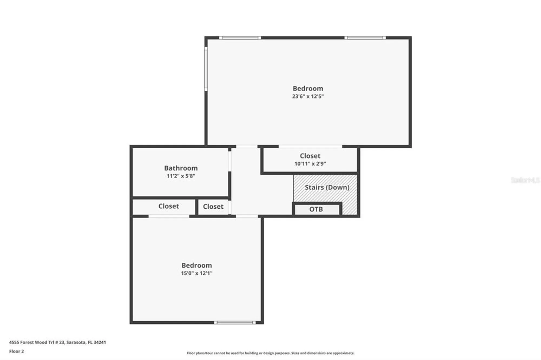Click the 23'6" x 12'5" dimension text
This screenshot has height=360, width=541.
[x=308, y=96]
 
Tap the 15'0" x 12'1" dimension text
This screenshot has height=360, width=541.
[x=197, y=273]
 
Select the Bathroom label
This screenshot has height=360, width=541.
[x=181, y=168]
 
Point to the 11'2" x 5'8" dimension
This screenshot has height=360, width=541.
[x=181, y=176]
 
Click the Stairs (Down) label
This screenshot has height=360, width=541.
[x=327, y=187]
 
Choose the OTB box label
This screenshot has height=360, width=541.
[x=316, y=209]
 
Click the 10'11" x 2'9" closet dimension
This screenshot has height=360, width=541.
[x=310, y=164]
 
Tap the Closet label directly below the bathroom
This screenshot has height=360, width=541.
[x=169, y=206]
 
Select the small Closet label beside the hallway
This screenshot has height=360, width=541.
[x=213, y=207]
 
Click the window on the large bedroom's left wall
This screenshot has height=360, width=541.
[x=206, y=69]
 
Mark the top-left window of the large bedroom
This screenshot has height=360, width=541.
[x=240, y=38]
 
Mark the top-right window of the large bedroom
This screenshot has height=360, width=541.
[x=365, y=38]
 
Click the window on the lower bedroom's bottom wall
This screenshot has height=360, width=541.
[x=235, y=322]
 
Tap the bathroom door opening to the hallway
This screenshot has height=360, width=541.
[x=229, y=161]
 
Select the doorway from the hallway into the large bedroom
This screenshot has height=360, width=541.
[x=246, y=146]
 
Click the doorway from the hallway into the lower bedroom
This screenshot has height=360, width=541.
[x=247, y=216]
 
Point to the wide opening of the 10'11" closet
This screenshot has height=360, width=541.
[x=310, y=146]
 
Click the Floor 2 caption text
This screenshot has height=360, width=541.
[x=17, y=351]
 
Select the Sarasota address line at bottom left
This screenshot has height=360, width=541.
[x=57, y=342]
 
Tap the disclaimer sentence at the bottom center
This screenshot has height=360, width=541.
[x=270, y=353]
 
